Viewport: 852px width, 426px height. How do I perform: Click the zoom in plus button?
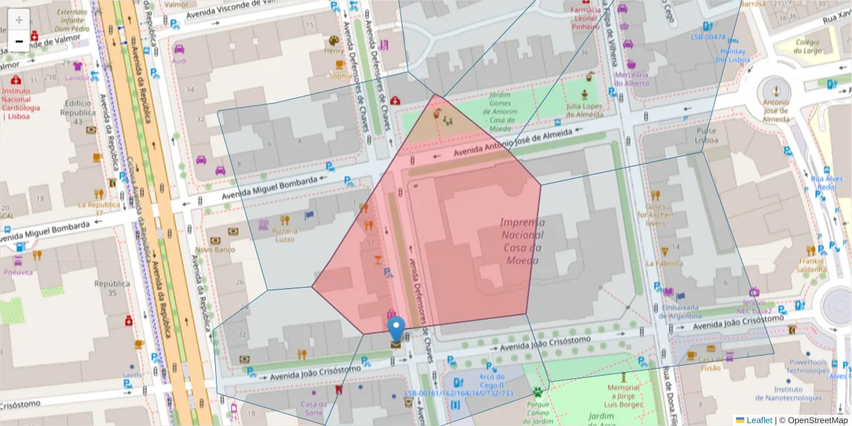19,20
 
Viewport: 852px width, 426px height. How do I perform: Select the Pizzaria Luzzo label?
285,235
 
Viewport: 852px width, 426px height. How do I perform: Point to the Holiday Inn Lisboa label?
733,55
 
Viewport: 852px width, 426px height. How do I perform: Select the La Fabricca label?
664,263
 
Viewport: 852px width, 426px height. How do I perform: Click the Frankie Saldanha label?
811,265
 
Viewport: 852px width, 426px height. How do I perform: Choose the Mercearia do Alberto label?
632,79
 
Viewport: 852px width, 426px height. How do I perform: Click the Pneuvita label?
18,272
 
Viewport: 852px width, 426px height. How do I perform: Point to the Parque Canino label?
538,408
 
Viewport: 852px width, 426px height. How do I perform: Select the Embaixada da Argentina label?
680,312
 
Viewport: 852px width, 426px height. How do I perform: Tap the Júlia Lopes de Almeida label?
584,111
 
